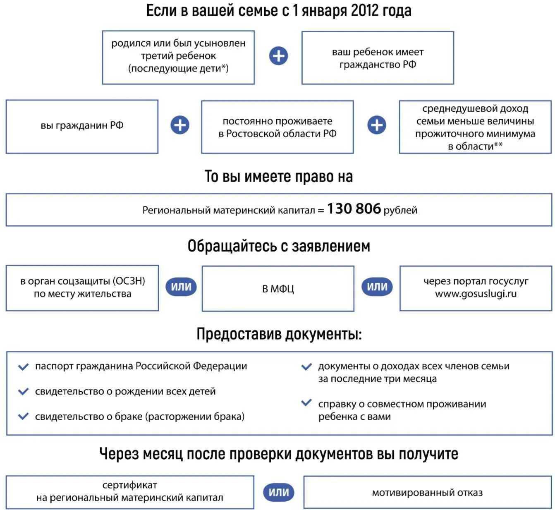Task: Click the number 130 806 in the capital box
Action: tap(354, 209)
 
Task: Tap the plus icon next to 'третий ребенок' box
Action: tap(278, 56)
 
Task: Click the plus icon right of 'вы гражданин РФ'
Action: tap(180, 125)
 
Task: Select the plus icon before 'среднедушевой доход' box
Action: tap(377, 125)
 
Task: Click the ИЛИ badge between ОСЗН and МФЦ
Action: tap(181, 287)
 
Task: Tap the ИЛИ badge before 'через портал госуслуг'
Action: tap(377, 287)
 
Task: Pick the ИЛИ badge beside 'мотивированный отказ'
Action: tap(279, 492)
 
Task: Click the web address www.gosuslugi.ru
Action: tap(476, 294)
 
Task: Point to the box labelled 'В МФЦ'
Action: tap(278, 288)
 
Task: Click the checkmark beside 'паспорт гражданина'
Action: tap(24, 366)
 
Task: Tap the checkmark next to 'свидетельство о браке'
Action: tap(24, 416)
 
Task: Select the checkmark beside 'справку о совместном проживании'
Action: tap(306, 402)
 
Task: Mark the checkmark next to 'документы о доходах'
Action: tap(306, 366)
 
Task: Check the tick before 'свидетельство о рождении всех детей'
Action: tap(24, 391)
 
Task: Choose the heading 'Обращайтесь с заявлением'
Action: tap(279, 246)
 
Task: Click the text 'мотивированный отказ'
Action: tap(427, 493)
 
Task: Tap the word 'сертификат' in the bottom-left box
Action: tap(129, 485)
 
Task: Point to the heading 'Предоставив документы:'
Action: tap(279, 334)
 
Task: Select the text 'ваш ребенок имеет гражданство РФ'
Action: tap(378, 58)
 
